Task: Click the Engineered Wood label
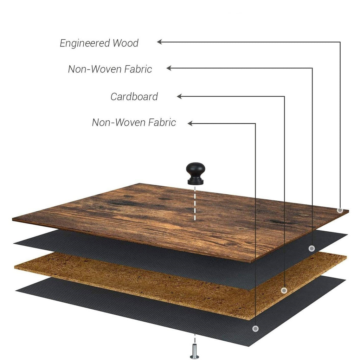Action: (99, 43)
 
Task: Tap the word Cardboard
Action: (134, 96)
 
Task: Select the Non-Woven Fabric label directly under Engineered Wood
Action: (110, 69)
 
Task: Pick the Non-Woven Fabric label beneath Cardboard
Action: (134, 122)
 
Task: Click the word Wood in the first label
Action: (126, 43)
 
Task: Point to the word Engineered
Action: (85, 43)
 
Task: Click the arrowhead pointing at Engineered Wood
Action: (159, 42)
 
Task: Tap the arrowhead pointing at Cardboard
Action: (179, 96)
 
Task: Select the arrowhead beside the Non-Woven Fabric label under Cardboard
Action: (190, 123)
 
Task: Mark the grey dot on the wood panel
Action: (340, 210)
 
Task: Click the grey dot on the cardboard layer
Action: (284, 290)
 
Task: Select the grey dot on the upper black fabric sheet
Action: (311, 249)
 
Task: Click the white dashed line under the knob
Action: (194, 204)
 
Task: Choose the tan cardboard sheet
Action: (141, 281)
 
